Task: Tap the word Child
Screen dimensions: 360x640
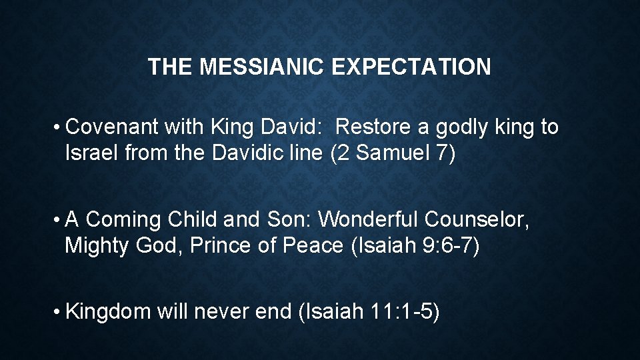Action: pyautogui.click(x=193, y=219)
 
